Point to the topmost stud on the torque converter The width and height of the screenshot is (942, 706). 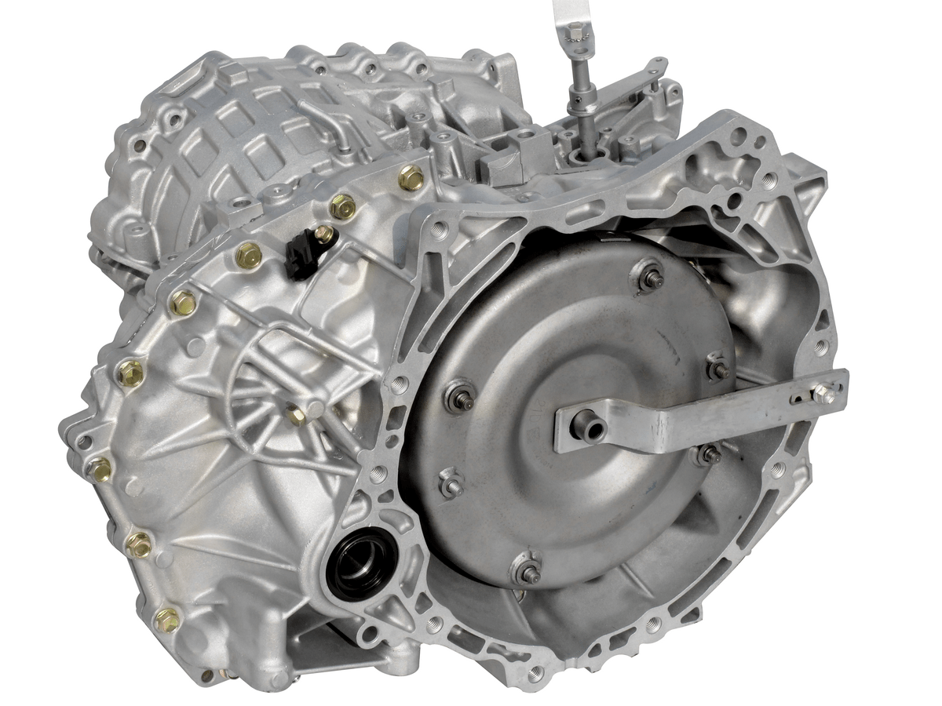point(649,276)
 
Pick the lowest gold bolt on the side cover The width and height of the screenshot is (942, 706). point(166,620)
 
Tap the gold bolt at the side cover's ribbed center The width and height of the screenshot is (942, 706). point(297,413)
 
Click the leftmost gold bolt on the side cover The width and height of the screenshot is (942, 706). point(100,470)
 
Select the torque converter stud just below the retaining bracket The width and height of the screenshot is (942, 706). point(708,453)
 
